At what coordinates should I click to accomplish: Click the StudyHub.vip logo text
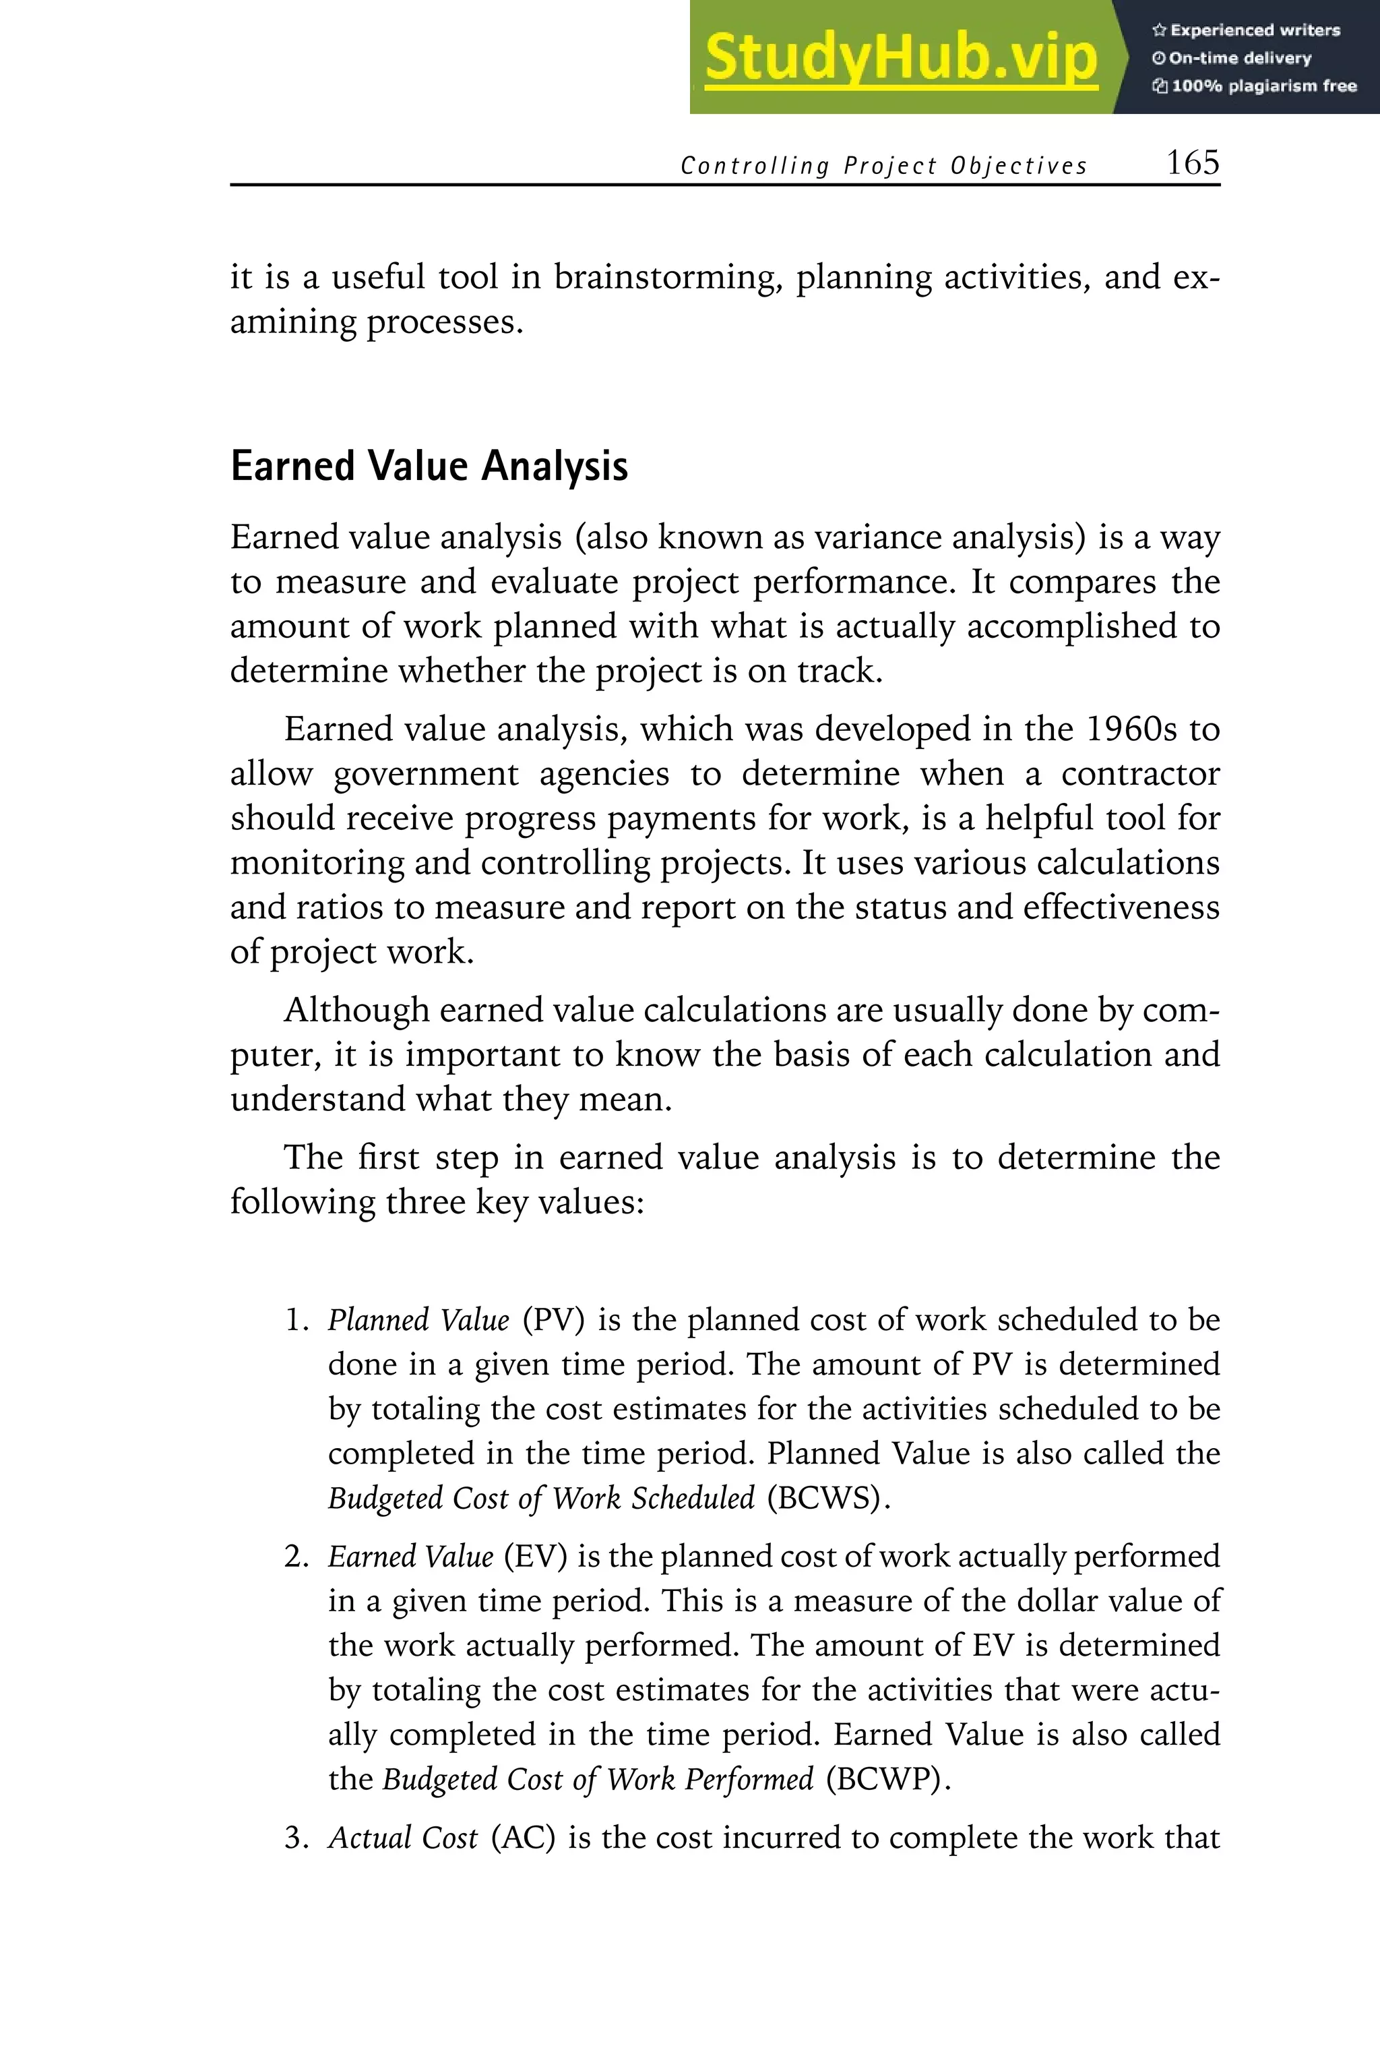click(900, 58)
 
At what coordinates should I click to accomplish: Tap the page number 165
click(1193, 163)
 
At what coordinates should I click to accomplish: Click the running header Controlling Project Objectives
click(883, 166)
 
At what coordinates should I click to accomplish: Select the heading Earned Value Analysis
click(429, 466)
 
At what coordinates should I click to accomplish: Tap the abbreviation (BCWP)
click(888, 1778)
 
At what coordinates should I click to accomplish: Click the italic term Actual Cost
click(402, 1838)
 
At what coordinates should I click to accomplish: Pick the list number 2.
click(296, 1557)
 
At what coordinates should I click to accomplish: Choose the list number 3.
click(296, 1838)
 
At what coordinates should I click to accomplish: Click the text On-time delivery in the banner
click(1239, 58)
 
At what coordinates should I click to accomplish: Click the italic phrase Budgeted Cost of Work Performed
click(598, 1778)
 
